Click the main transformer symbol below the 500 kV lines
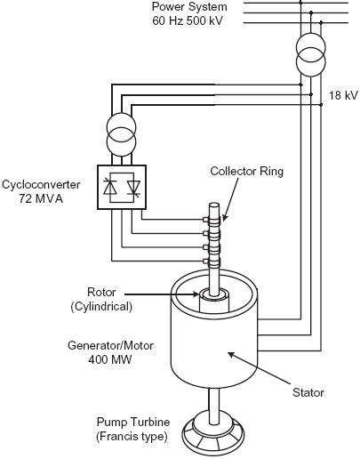coord(310,55)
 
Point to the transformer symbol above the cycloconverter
coord(124,134)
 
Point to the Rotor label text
coord(101,291)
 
